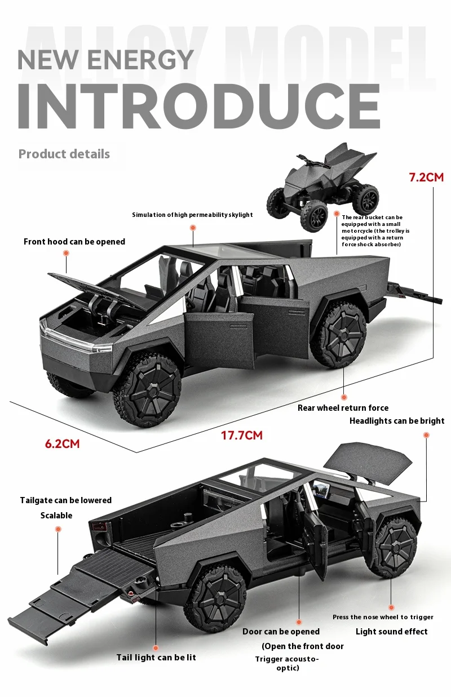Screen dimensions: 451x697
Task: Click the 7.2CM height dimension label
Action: point(426,177)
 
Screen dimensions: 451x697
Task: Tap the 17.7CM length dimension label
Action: point(242,436)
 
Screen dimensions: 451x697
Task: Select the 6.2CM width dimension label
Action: point(62,443)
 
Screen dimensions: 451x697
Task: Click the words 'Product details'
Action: point(64,154)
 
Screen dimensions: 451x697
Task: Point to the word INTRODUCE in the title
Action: point(199,106)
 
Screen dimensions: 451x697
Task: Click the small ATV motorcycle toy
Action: point(322,187)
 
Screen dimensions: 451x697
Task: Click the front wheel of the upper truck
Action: point(147,389)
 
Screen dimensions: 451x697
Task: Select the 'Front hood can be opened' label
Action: point(74,242)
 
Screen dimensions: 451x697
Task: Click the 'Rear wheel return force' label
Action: point(343,408)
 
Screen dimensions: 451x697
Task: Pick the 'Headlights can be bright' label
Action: point(397,421)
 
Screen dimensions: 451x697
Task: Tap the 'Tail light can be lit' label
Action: point(156,658)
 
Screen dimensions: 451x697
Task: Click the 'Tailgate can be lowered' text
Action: point(65,500)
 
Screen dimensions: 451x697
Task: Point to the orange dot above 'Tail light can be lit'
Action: point(156,647)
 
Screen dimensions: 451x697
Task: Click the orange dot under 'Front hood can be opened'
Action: point(66,254)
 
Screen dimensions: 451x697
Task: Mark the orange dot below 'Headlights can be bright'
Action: point(426,435)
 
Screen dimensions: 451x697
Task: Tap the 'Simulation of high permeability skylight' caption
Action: point(192,215)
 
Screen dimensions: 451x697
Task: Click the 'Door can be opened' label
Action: point(281,632)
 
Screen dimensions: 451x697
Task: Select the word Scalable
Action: point(56,516)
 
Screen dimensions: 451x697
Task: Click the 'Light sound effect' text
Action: point(392,632)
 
